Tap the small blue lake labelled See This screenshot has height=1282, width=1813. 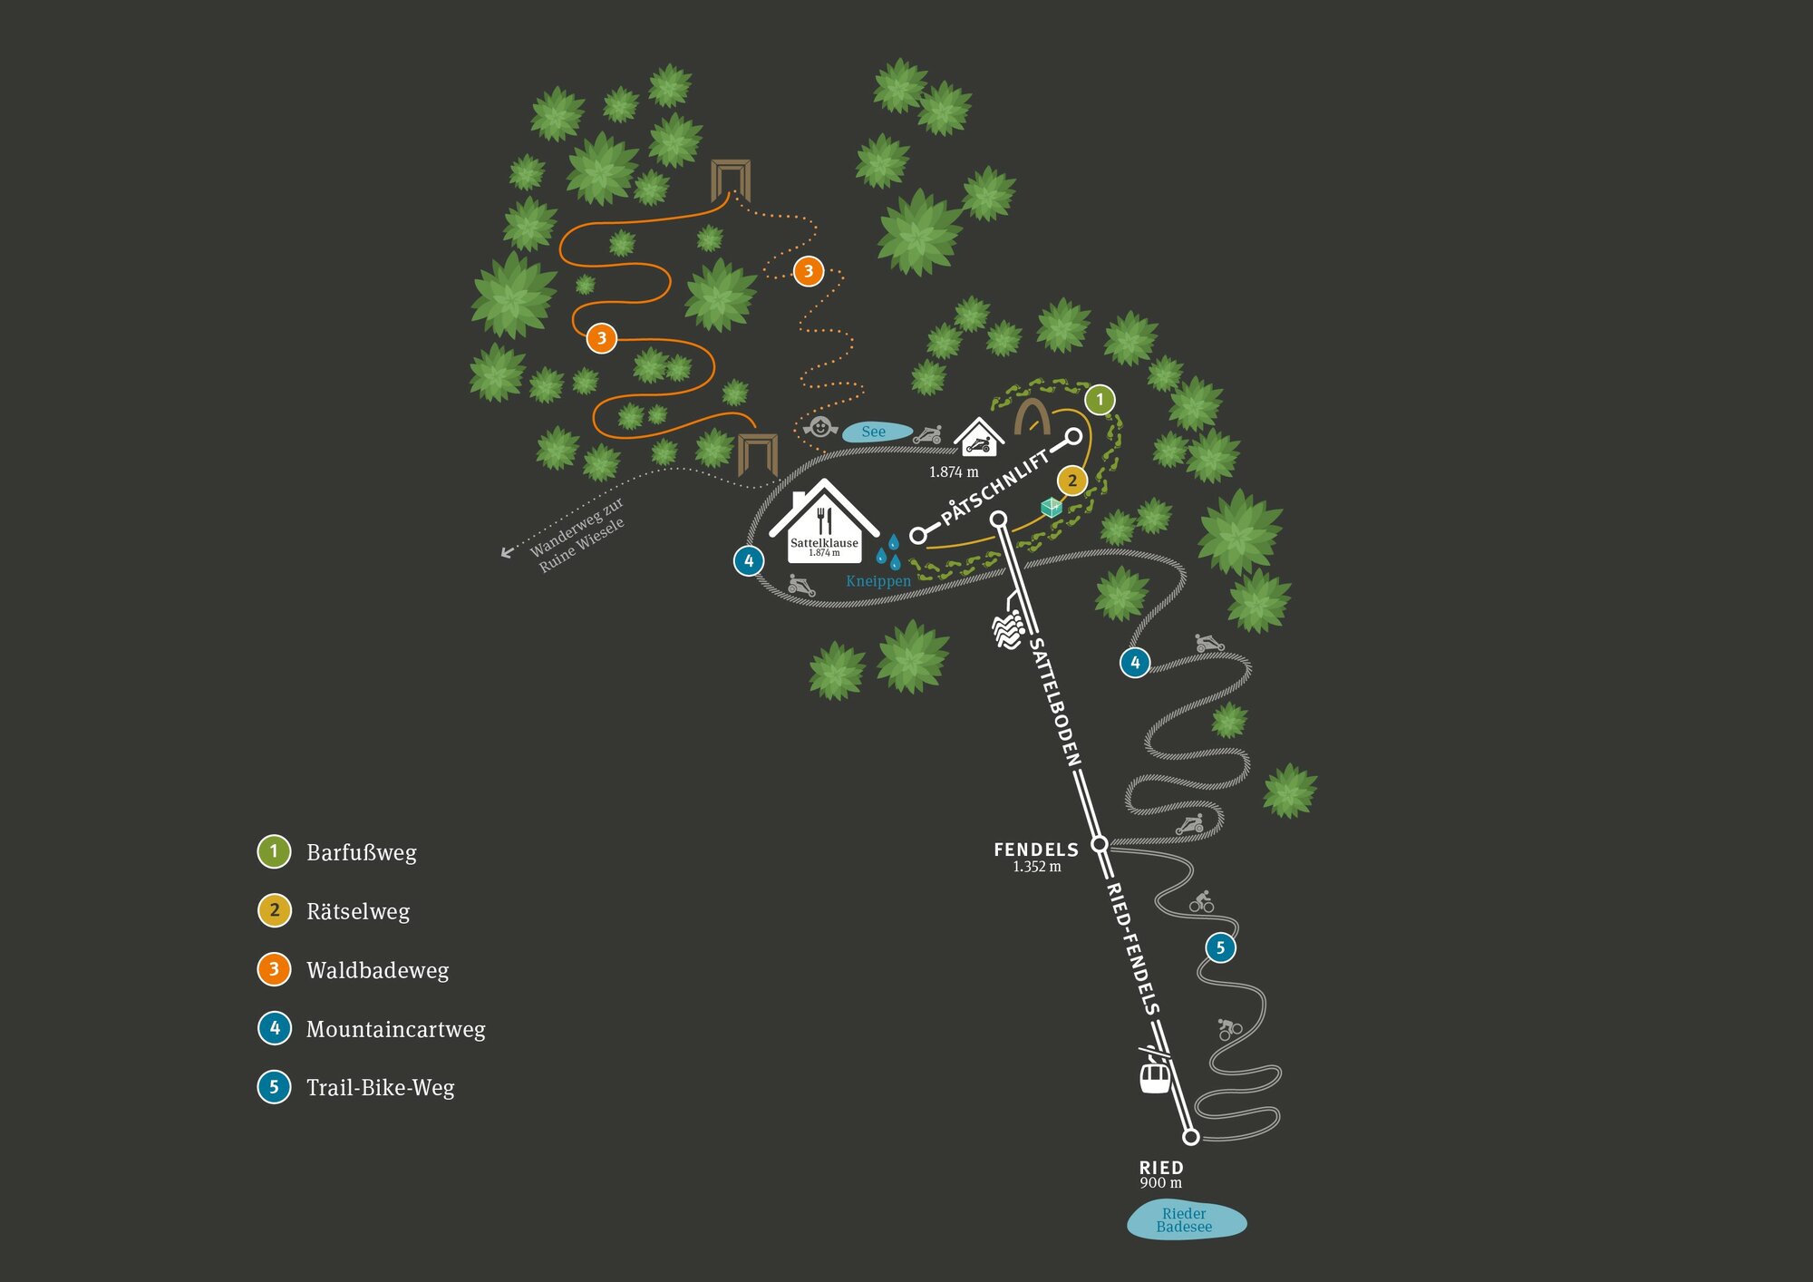click(x=876, y=432)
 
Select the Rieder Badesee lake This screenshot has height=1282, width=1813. click(x=1186, y=1220)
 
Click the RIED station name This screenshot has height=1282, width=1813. click(x=1161, y=1168)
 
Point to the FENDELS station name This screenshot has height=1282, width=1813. click(x=1036, y=850)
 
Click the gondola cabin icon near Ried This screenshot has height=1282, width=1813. click(x=1154, y=1075)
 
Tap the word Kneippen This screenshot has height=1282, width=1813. click(x=877, y=581)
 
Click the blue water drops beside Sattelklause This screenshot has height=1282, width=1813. click(x=888, y=550)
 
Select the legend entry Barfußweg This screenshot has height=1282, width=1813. click(x=361, y=852)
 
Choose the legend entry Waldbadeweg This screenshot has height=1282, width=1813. click(x=377, y=970)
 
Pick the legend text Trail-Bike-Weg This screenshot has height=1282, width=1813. click(x=380, y=1087)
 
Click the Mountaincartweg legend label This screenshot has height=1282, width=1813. click(x=395, y=1029)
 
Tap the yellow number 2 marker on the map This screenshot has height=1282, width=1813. click(x=1072, y=481)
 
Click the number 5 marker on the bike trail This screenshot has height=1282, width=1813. click(x=1220, y=947)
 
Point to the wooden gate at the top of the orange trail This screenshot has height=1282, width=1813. click(x=731, y=179)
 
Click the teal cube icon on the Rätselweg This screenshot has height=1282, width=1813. click(x=1051, y=507)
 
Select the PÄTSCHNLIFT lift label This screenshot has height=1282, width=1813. click(x=995, y=486)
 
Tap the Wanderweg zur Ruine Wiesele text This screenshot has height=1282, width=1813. click(x=577, y=535)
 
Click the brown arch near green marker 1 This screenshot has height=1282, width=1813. click(x=1032, y=417)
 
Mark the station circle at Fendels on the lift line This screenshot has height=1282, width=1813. click(x=1099, y=844)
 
